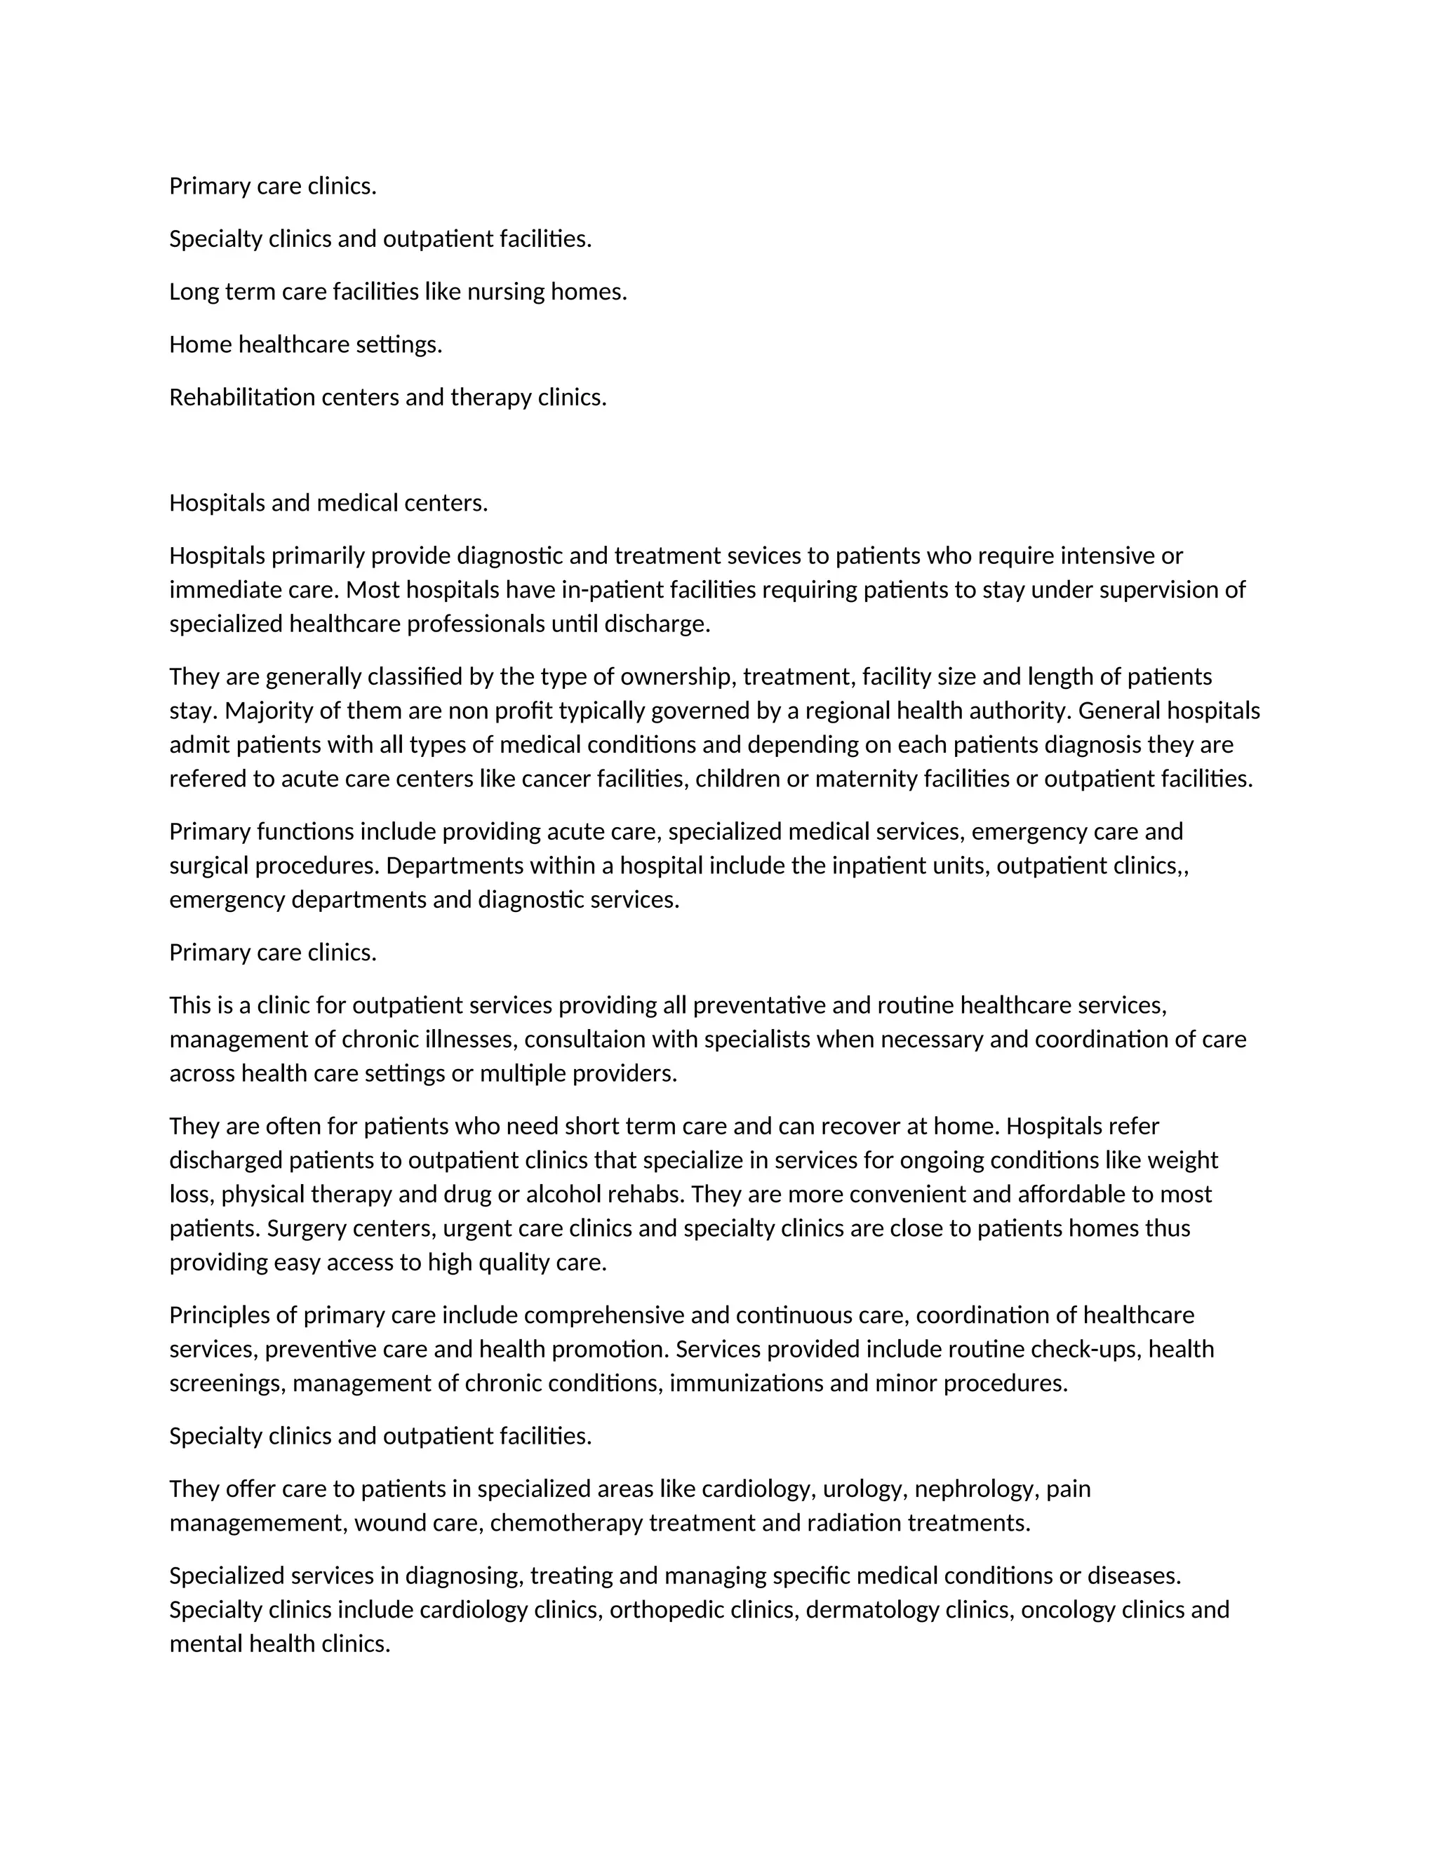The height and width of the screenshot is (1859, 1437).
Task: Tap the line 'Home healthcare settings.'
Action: (306, 344)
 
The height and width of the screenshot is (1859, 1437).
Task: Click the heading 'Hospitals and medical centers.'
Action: (328, 503)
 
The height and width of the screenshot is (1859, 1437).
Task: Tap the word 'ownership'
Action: (678, 677)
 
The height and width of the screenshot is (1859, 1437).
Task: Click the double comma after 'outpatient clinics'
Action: (1182, 866)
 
